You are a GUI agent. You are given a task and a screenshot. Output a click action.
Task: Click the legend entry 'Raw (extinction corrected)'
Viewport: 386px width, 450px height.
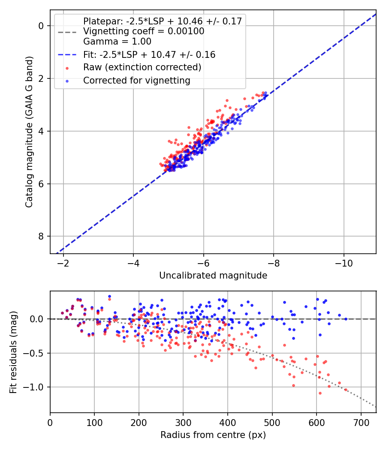pos(142,67)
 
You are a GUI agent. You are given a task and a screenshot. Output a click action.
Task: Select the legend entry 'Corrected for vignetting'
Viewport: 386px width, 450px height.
pos(136,80)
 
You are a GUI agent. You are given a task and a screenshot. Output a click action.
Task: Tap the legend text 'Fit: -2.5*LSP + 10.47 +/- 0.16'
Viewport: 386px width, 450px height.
pos(149,55)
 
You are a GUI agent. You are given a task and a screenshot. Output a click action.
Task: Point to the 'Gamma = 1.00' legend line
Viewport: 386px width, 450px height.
pos(117,42)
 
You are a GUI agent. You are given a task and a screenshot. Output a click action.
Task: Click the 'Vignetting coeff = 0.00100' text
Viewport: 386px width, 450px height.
pos(144,31)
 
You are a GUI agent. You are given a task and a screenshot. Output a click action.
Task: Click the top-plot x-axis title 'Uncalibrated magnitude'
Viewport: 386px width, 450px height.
pos(213,276)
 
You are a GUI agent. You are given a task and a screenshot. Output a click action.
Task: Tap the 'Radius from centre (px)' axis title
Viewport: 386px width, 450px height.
pos(213,435)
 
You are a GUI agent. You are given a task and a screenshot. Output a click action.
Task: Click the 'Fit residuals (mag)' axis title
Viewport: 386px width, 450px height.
pos(13,352)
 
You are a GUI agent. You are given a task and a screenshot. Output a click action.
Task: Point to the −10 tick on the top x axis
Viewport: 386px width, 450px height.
pos(344,262)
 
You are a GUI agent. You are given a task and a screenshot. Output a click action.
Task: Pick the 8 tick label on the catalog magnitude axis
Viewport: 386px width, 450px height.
pos(41,237)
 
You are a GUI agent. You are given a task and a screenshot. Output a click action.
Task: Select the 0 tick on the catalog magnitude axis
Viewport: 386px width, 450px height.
pos(41,26)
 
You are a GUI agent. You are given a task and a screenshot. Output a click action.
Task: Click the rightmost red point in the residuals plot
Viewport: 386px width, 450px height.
pos(346,390)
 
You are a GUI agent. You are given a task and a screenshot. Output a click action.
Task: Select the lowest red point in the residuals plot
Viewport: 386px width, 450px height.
pos(320,393)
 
